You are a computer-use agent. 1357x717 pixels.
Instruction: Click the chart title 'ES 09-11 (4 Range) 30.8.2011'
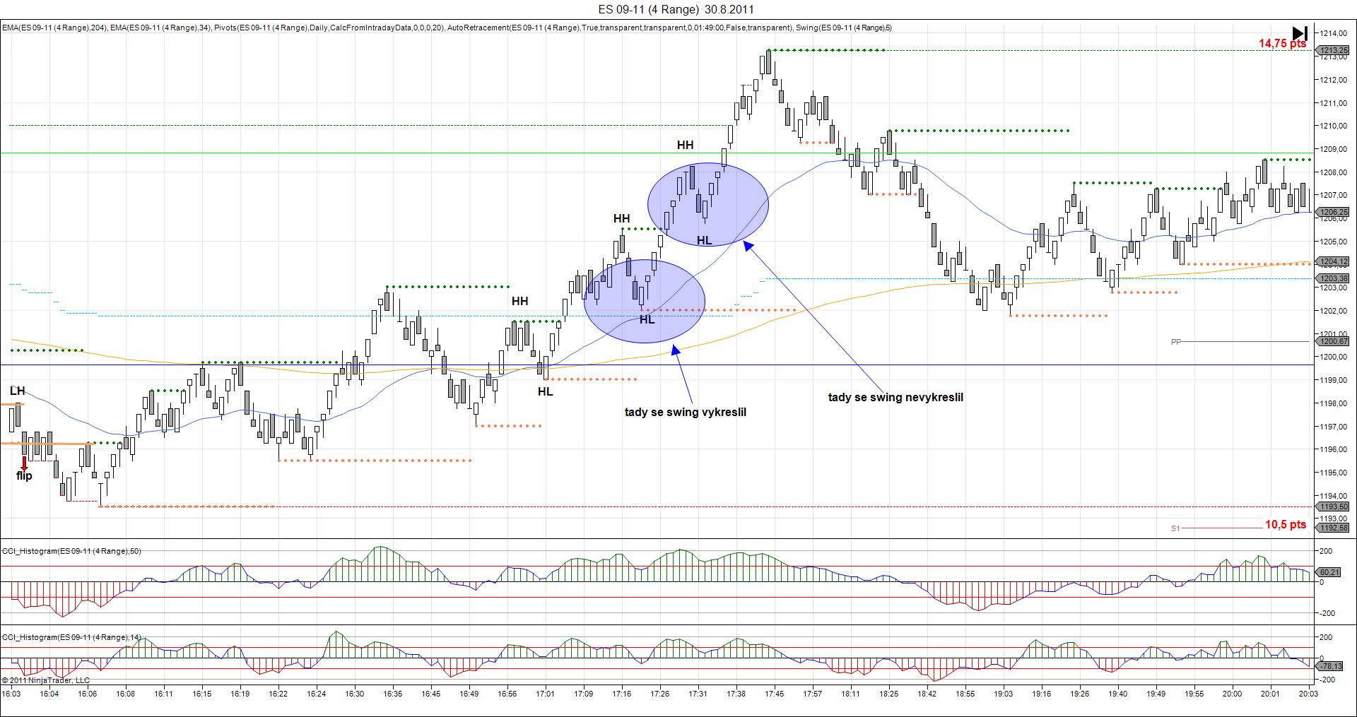coord(676,9)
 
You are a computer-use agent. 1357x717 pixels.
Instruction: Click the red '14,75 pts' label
coord(1282,44)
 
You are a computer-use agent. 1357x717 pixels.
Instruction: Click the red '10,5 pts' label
coord(1285,525)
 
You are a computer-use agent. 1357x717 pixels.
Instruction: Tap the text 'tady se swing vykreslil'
coord(685,413)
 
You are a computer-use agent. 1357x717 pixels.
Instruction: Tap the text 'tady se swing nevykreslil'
coord(895,398)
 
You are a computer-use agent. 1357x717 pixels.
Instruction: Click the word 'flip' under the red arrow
coord(24,476)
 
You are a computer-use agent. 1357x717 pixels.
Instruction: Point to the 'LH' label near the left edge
coord(17,391)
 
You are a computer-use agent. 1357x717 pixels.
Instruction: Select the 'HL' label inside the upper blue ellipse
coord(704,241)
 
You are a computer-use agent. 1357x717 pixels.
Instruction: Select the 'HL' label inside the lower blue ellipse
coord(647,320)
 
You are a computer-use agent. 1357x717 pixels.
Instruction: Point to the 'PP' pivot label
coord(1176,342)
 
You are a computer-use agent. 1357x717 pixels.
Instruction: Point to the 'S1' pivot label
coord(1175,528)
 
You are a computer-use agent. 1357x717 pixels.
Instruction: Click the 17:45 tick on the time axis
coord(774,694)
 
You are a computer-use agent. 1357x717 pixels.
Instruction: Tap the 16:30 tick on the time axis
coord(355,694)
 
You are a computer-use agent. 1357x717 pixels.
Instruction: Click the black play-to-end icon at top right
coord(1300,33)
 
